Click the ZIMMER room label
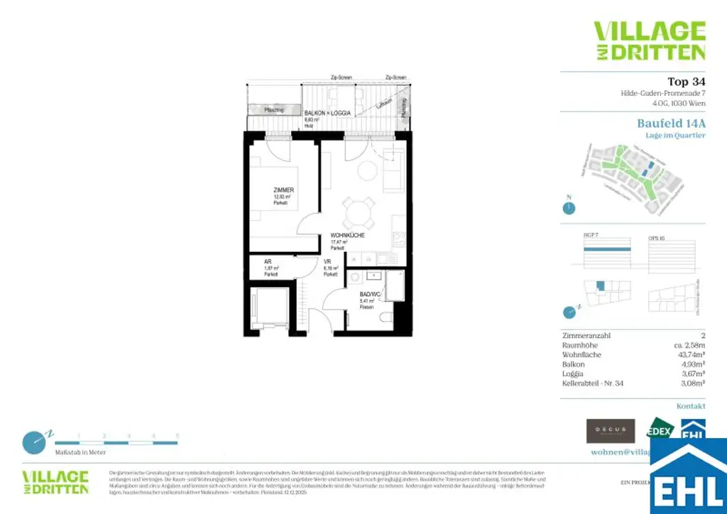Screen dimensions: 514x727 (283, 190)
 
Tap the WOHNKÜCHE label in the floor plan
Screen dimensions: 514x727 (347, 236)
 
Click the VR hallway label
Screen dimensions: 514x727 (327, 262)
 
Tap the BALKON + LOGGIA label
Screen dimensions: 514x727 (327, 114)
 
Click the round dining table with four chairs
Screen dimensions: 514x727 (359, 211)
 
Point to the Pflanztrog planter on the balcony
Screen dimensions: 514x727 (274, 109)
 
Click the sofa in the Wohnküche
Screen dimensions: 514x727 (392, 172)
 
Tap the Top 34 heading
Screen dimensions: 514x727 (687, 81)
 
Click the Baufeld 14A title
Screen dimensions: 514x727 (671, 123)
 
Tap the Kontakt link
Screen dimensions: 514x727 (691, 406)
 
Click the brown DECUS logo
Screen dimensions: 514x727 (611, 430)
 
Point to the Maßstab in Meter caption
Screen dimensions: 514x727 (80, 452)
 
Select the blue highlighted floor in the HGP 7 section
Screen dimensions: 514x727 (607, 248)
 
